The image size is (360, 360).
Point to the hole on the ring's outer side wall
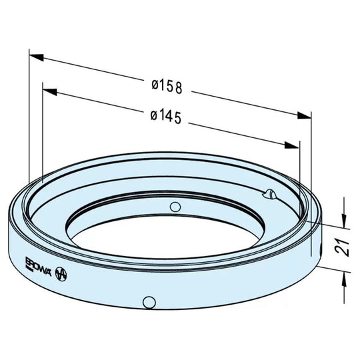[x=148, y=301]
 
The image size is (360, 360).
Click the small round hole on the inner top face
[x=175, y=205]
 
